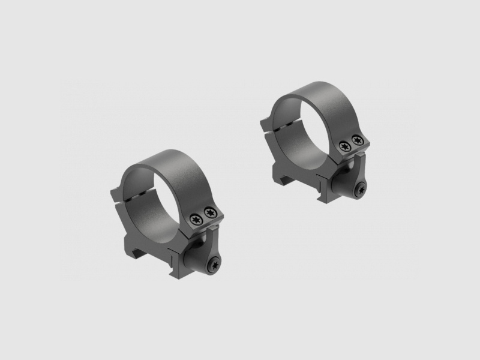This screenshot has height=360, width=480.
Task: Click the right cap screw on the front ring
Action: click(x=209, y=211)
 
